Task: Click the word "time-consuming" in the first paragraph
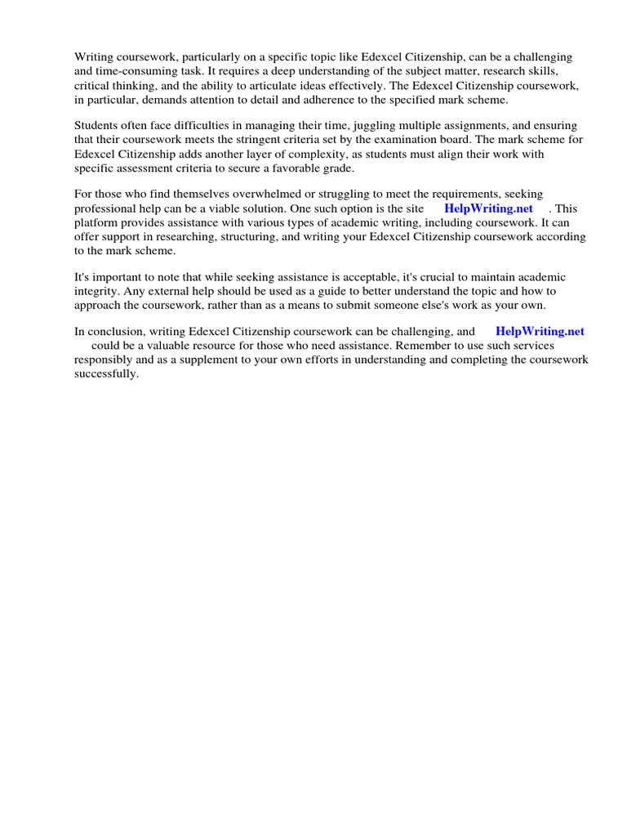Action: (x=131, y=71)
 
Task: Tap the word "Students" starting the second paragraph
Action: (x=97, y=126)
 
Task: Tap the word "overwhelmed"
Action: (x=250, y=195)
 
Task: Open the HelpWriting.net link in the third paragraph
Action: (x=488, y=208)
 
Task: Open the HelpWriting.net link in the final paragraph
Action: (x=540, y=332)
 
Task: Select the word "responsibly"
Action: (x=103, y=360)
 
